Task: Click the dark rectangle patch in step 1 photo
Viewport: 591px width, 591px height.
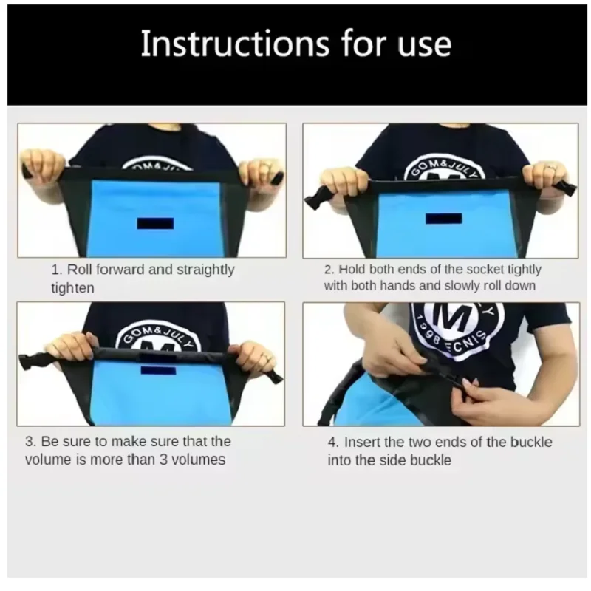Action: point(155,224)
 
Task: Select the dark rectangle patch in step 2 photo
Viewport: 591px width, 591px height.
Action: point(443,219)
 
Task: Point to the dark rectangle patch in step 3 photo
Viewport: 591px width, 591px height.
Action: point(158,370)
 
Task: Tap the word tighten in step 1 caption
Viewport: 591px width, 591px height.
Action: point(72,288)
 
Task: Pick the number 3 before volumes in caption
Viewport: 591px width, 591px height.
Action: point(163,460)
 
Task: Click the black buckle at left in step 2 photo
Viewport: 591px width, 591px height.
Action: point(315,197)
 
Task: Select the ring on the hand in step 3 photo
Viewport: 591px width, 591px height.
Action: point(267,357)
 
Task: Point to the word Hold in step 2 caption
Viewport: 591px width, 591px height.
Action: point(352,270)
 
